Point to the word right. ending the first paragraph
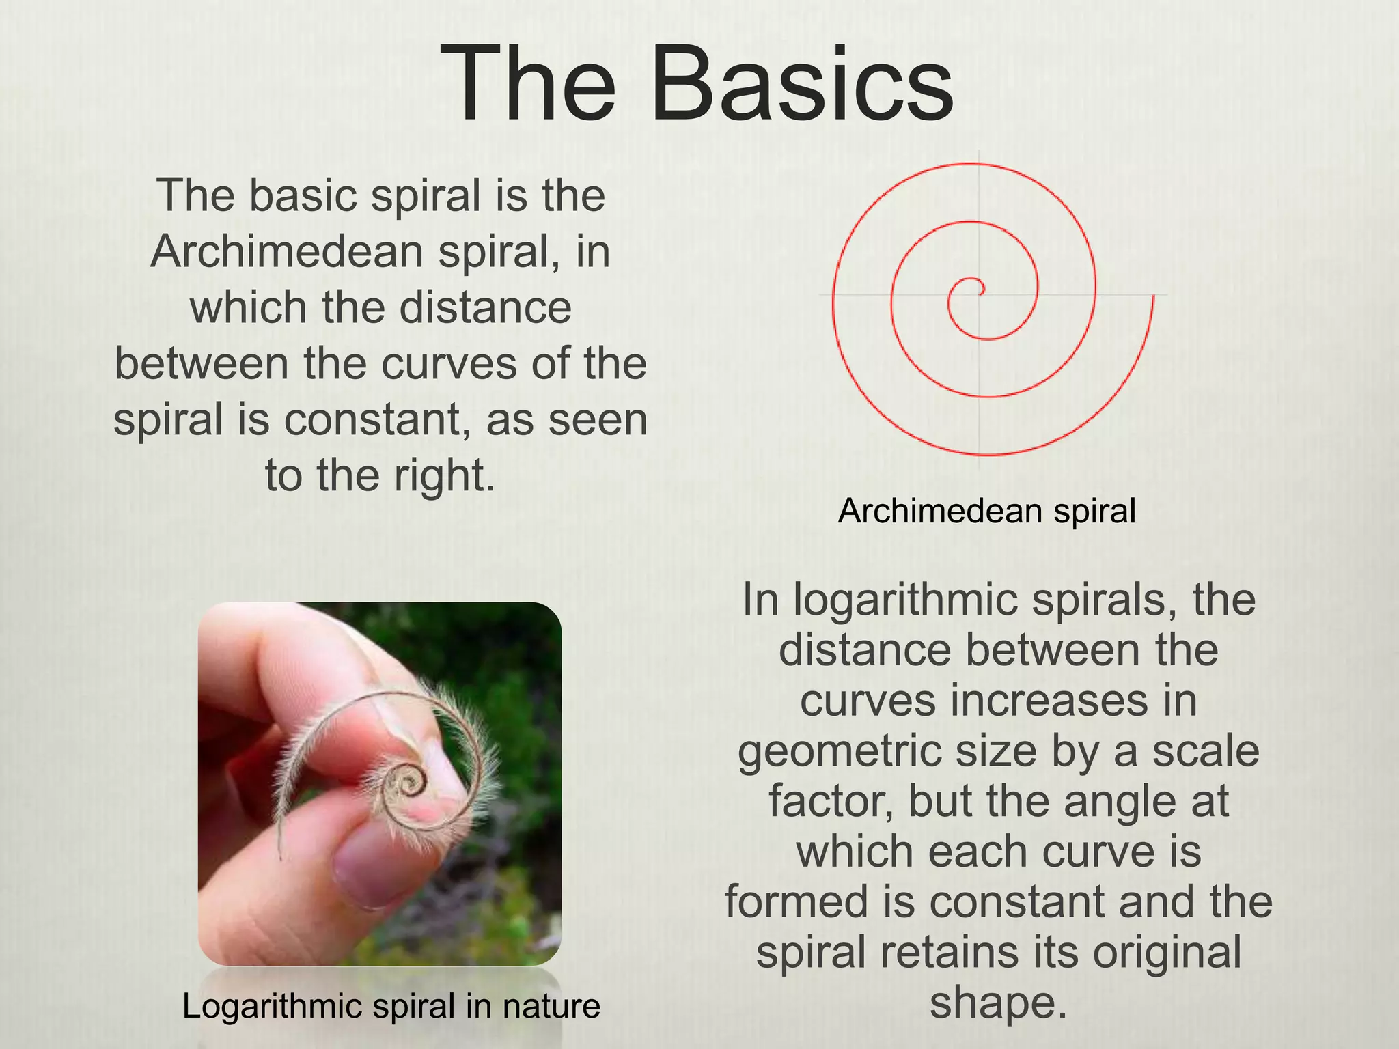click(x=445, y=476)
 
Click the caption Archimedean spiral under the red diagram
click(x=986, y=511)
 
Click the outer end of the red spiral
click(x=1153, y=296)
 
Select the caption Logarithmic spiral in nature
click(x=391, y=1006)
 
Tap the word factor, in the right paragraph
click(x=831, y=802)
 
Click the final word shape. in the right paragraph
click(x=998, y=1003)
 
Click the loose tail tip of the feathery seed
click(x=280, y=857)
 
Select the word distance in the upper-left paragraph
click(x=485, y=308)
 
